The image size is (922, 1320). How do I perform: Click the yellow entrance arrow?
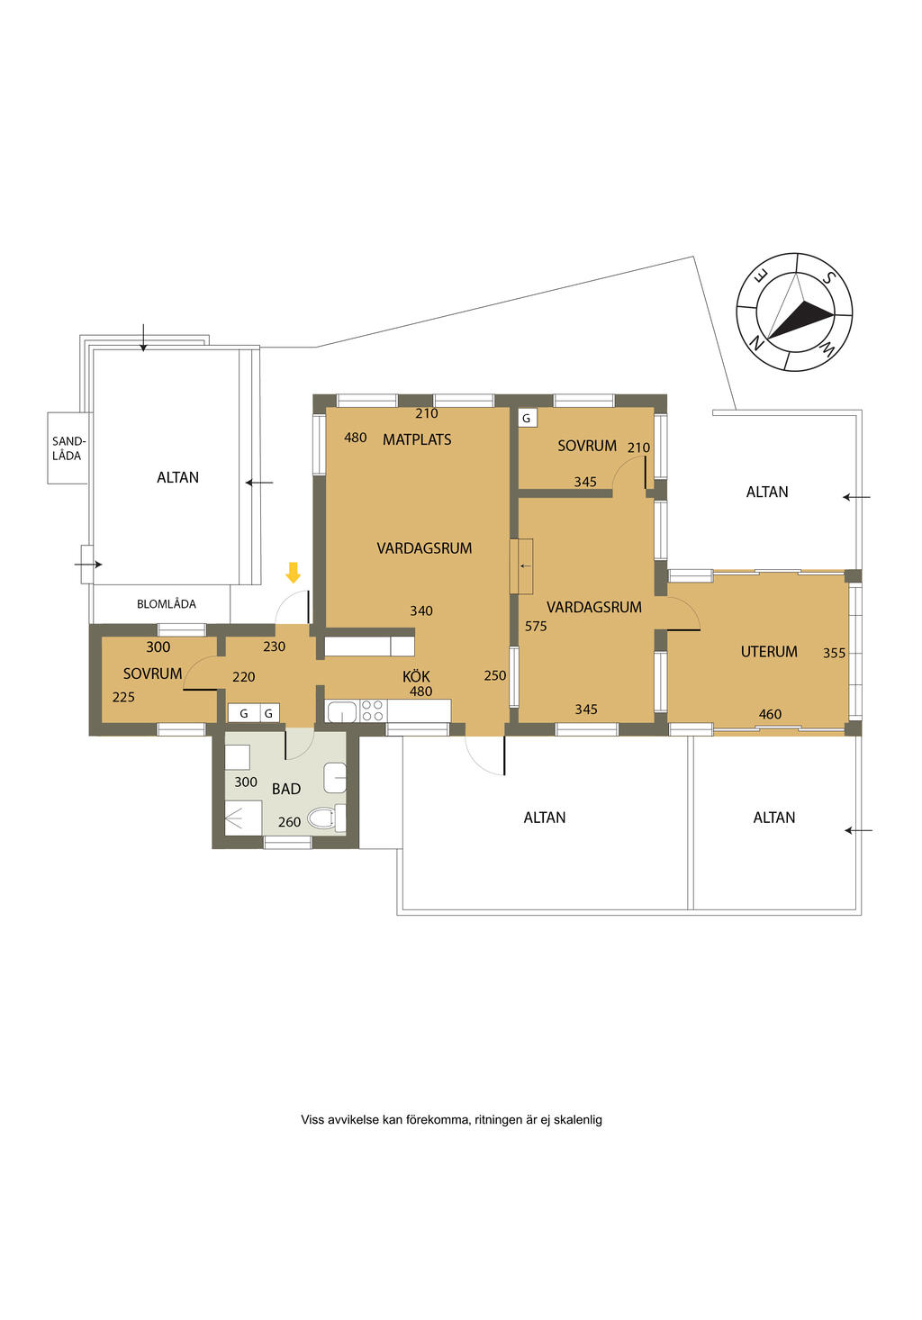tap(293, 572)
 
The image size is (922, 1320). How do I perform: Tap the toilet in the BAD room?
tap(326, 818)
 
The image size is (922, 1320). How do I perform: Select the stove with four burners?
tap(372, 710)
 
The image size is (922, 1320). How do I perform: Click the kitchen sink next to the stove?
tap(342, 710)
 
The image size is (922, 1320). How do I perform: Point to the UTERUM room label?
tap(769, 652)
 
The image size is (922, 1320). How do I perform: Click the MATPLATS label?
tap(417, 439)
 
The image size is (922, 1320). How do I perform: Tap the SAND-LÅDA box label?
tap(68, 448)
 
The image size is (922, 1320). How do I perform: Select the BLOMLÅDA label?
tap(167, 603)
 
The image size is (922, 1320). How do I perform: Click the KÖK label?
tap(416, 676)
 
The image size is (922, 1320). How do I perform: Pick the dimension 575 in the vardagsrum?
tap(536, 627)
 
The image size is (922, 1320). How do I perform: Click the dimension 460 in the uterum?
tap(770, 714)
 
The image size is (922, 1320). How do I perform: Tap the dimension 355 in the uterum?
tap(834, 653)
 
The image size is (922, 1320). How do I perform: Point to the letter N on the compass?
tap(755, 340)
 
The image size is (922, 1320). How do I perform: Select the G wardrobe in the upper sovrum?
tap(527, 419)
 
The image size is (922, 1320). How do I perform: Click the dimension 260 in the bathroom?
tap(289, 822)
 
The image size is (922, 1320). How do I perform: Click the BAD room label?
tap(286, 789)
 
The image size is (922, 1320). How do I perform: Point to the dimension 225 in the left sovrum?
tap(123, 697)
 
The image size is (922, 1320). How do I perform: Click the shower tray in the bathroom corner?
tap(243, 818)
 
